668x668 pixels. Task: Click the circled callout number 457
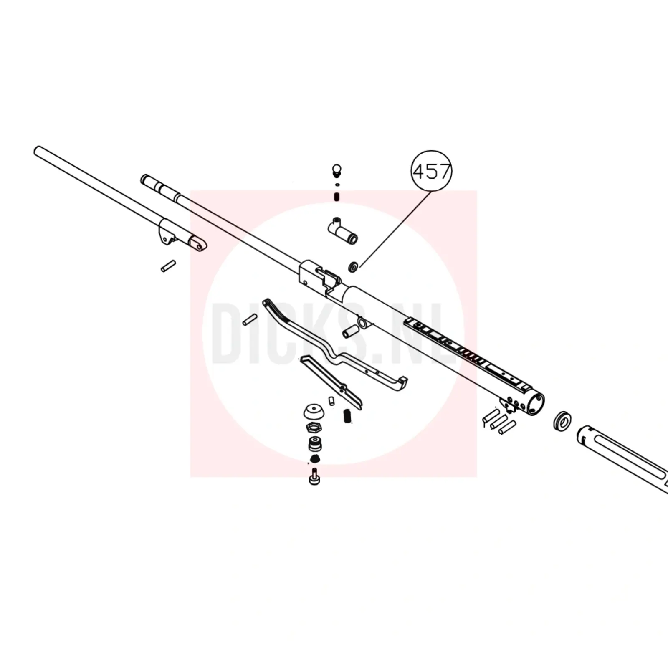click(x=432, y=171)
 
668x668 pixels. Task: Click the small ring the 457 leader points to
click(x=353, y=266)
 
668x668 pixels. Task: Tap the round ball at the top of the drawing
click(x=337, y=170)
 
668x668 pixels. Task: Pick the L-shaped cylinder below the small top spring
click(x=342, y=232)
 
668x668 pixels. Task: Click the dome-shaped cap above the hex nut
click(x=314, y=412)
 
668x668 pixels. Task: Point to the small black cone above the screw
click(x=315, y=459)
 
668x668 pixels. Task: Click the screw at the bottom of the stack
click(x=315, y=476)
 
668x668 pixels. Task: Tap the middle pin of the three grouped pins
click(x=500, y=422)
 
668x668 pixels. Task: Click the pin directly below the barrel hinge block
click(x=168, y=266)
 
